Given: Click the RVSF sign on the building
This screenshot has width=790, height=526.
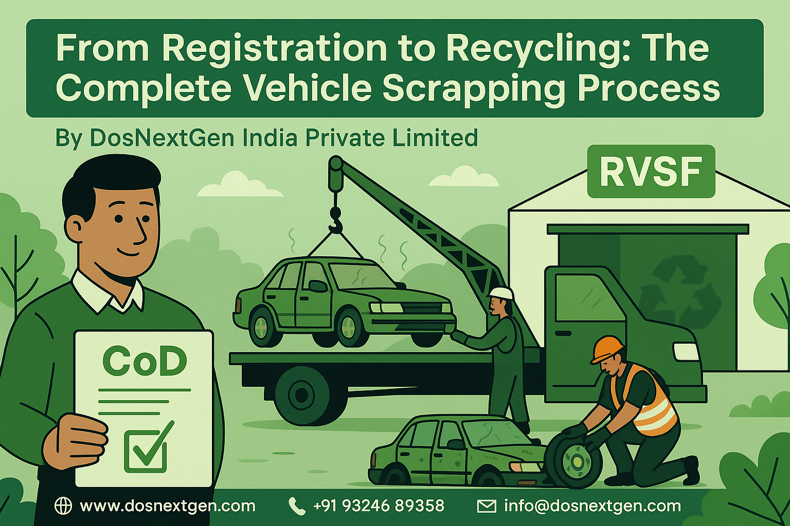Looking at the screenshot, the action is click(651, 171).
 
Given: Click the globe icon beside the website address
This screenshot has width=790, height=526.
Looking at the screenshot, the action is click(63, 506).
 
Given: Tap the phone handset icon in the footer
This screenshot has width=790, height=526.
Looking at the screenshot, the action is click(297, 506).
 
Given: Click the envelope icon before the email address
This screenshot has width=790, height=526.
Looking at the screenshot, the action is click(487, 506).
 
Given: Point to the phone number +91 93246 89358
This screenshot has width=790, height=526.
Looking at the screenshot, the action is click(379, 506).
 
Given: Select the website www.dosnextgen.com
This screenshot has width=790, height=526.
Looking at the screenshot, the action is click(168, 506).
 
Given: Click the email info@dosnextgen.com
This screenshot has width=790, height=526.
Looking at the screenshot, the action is click(592, 506).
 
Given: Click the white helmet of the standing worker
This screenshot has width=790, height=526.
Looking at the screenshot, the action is click(502, 293).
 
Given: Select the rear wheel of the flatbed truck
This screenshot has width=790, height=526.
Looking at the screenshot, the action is click(301, 394).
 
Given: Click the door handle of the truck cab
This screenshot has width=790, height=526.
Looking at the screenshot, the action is click(564, 333).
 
